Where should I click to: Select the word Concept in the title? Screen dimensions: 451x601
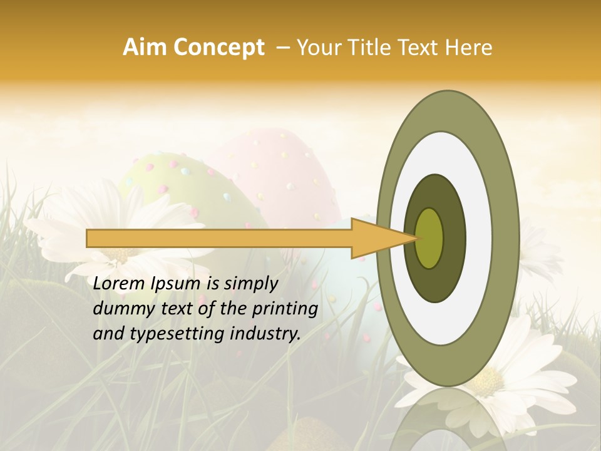219,48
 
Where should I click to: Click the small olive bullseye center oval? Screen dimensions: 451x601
429,238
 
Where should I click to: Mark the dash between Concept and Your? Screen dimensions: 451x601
282,48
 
